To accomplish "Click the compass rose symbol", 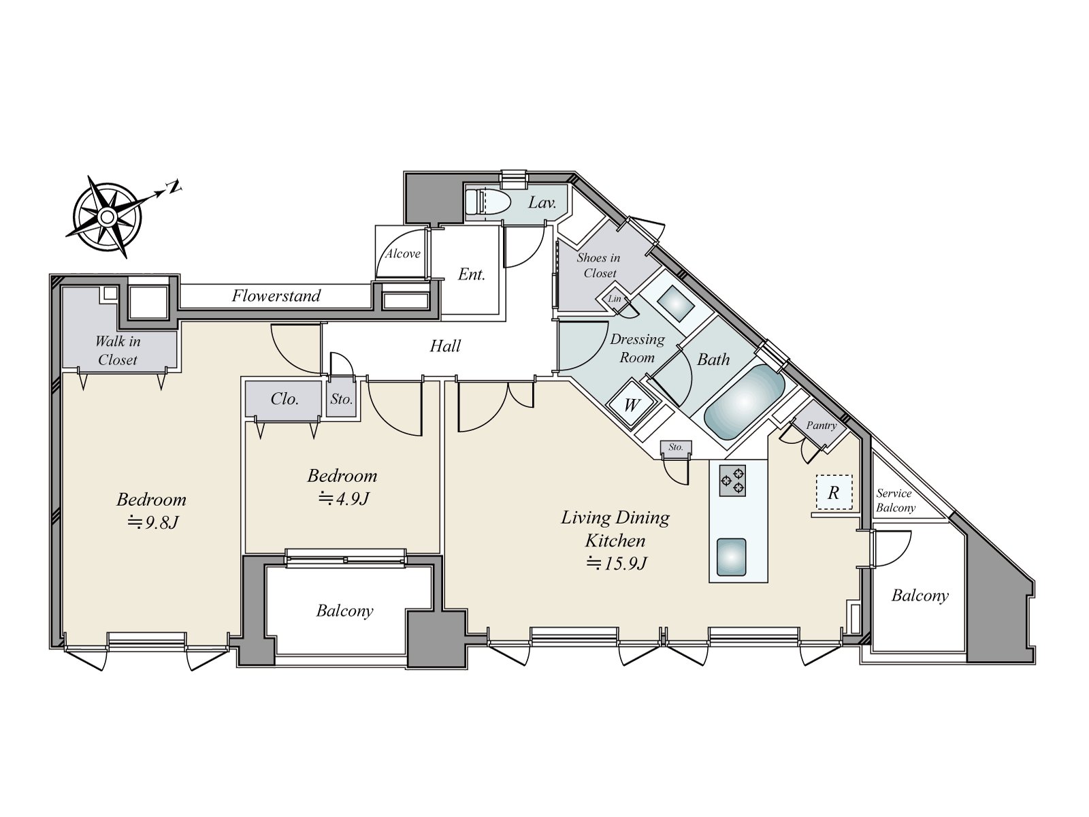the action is coord(107,217).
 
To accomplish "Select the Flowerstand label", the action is coord(276,295).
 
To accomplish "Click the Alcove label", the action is coord(403,253).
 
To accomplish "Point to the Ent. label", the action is coord(471,274).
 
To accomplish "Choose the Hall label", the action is coord(445,346).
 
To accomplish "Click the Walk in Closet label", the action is coord(118,350).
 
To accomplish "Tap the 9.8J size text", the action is coord(153,522).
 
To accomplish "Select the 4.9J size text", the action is coord(344,498).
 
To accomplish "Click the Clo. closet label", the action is coord(285,399).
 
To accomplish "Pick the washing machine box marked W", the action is coord(631,405).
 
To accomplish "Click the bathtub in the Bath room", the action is coord(744,402).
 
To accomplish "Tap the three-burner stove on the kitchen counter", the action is coord(732,481).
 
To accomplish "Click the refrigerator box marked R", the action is coord(834,492).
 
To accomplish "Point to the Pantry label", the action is coord(821,425).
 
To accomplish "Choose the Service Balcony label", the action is coord(895,500).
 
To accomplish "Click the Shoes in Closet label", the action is coord(599,265).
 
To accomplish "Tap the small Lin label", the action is coord(614,299).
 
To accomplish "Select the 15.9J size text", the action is coord(617,564).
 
